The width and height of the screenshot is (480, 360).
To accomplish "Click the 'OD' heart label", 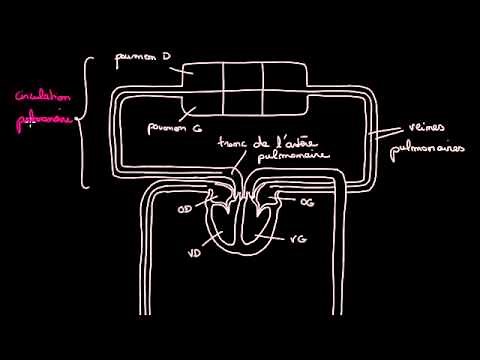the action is coord(183,211).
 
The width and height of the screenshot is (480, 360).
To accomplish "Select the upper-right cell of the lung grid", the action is coord(282,78).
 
